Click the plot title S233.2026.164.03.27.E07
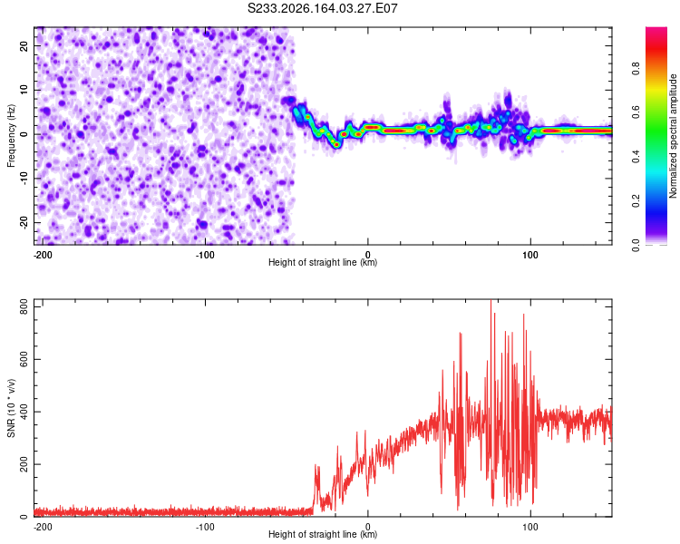pyautogui.click(x=322, y=8)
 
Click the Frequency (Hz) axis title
pyautogui.click(x=11, y=136)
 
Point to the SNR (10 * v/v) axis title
pyautogui.click(x=11, y=408)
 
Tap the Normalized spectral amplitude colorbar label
pyautogui.click(x=673, y=136)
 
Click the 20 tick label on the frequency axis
pyautogui.click(x=24, y=45)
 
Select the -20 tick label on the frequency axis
pyautogui.click(x=24, y=222)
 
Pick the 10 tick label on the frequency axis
pyautogui.click(x=24, y=90)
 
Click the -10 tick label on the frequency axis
pyautogui.click(x=24, y=179)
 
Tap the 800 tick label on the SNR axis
pyautogui.click(x=24, y=307)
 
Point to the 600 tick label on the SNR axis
pyautogui.click(x=24, y=360)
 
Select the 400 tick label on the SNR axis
pyautogui.click(x=24, y=412)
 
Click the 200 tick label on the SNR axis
pyautogui.click(x=24, y=464)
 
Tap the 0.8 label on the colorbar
pyautogui.click(x=636, y=68)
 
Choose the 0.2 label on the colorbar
pyautogui.click(x=636, y=201)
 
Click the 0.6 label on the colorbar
pyautogui.click(x=636, y=112)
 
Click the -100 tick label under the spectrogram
pyautogui.click(x=205, y=255)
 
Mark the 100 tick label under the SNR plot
pyautogui.click(x=530, y=527)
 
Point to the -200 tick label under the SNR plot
pyautogui.click(x=43, y=527)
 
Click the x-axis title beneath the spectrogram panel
pyautogui.click(x=323, y=262)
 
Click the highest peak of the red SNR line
pyautogui.click(x=491, y=300)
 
